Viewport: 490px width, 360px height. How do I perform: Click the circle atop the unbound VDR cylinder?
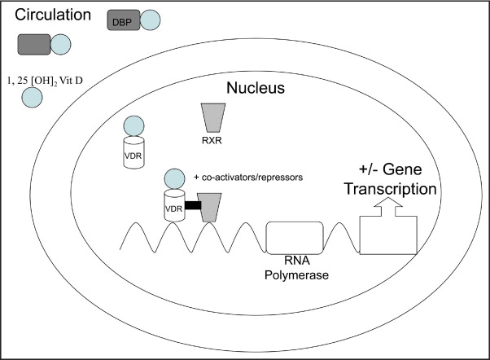[133, 127]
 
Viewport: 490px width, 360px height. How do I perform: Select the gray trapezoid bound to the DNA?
[211, 208]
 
